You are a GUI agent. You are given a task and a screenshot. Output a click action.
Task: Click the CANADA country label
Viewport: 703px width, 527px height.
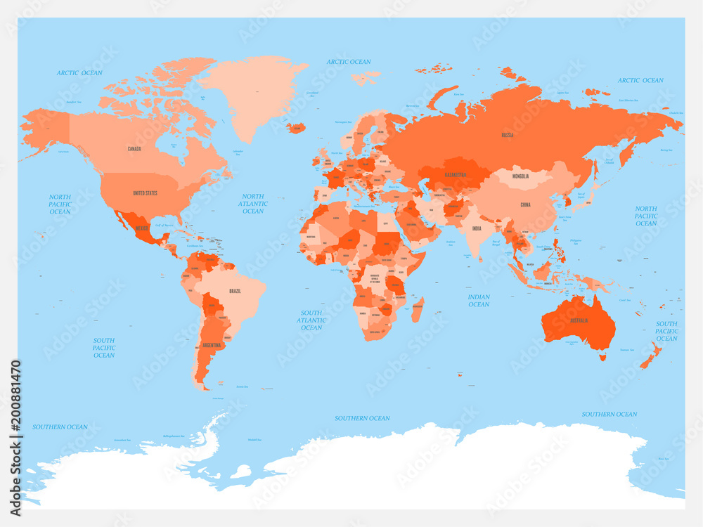point(134,149)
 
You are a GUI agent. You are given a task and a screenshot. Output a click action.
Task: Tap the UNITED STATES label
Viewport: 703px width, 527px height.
point(146,193)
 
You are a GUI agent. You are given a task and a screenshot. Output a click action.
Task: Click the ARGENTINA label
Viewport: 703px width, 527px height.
point(212,346)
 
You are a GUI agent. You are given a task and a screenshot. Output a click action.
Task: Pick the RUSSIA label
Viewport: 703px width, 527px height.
point(507,134)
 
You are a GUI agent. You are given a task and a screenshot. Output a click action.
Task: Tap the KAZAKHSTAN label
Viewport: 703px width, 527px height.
point(457,174)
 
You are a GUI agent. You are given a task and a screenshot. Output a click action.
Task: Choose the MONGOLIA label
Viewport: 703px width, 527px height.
point(521,176)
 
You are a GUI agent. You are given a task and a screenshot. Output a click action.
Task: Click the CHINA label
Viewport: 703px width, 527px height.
point(525,204)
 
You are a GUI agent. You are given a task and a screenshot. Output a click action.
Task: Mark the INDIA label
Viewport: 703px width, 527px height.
point(477,228)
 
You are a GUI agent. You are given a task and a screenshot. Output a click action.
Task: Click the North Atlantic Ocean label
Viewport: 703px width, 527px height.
point(253,204)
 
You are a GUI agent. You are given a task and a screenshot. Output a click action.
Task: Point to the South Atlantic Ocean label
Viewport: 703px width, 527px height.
point(311,320)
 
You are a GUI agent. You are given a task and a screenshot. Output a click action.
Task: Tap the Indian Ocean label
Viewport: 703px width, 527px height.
point(479,301)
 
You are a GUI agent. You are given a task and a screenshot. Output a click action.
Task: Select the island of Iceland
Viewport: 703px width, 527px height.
point(296,128)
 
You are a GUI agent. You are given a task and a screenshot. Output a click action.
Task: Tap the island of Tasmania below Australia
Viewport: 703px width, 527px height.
point(602,357)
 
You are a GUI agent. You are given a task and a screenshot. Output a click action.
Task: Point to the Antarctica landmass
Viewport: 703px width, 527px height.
point(422,471)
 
